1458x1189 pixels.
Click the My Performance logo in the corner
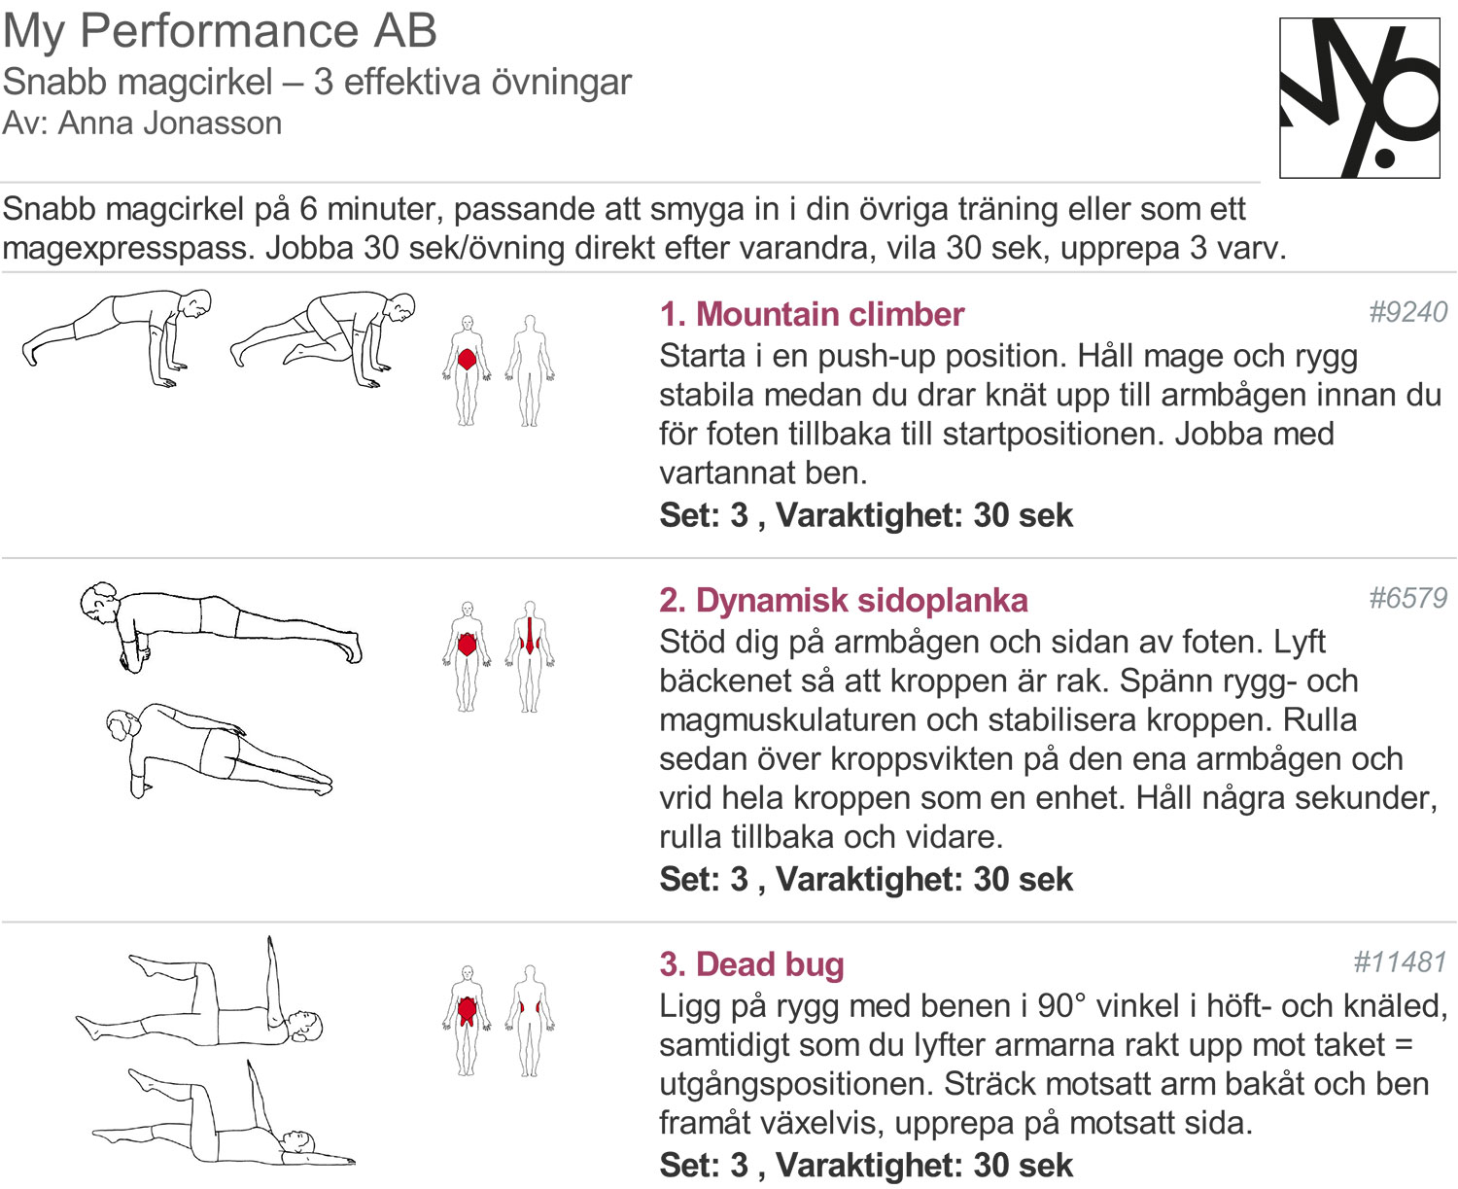(1359, 97)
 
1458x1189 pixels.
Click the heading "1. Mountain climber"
(811, 314)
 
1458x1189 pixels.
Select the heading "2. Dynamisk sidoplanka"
(843, 600)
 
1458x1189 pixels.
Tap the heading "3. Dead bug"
(751, 963)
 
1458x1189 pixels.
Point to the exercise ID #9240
(1407, 312)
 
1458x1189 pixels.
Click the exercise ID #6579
(1407, 598)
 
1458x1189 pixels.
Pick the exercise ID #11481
(1400, 962)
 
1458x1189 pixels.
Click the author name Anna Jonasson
(170, 123)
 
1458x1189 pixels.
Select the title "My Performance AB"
(220, 30)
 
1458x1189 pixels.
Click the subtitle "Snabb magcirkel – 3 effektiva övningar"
(317, 82)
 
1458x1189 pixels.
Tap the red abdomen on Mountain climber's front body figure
(468, 360)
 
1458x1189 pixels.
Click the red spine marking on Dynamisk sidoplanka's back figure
(530, 636)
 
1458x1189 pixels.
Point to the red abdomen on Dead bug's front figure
(468, 1010)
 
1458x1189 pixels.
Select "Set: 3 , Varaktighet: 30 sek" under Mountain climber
(865, 515)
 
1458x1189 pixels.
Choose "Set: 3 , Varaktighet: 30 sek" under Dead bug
(865, 1165)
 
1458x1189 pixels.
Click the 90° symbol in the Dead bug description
(1054, 1005)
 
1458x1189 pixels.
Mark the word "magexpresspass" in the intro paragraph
(129, 249)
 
